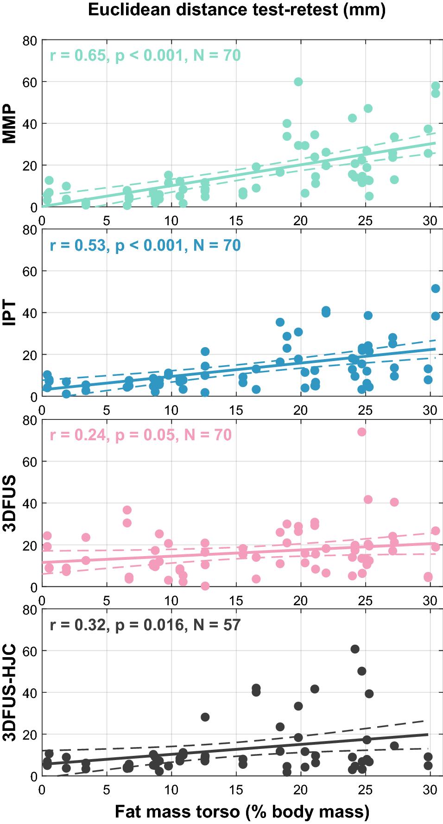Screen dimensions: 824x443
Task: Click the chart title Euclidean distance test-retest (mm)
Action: (237, 10)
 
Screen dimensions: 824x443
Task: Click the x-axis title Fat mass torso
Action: (242, 811)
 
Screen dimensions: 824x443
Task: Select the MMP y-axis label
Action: (9, 124)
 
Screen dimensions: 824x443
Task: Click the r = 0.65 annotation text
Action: (145, 56)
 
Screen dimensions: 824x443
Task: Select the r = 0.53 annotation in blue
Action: (145, 245)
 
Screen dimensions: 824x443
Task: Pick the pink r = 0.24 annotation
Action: (140, 435)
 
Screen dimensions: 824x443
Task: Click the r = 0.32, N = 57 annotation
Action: (145, 625)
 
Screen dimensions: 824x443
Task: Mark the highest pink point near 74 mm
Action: (362, 432)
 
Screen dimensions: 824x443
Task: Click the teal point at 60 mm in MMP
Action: (298, 82)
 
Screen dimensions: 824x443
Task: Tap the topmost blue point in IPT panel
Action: (436, 288)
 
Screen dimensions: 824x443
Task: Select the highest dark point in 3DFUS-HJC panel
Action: (355, 649)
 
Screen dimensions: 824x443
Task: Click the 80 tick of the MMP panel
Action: (30, 41)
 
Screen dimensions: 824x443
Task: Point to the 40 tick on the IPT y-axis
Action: (30, 313)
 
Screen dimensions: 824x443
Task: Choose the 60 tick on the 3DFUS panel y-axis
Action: (30, 462)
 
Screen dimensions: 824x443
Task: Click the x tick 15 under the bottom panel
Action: (236, 789)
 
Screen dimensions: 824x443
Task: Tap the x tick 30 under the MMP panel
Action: (430, 221)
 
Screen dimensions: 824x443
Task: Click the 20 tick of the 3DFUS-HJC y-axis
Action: (30, 735)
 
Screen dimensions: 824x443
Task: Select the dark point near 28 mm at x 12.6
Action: (205, 717)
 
